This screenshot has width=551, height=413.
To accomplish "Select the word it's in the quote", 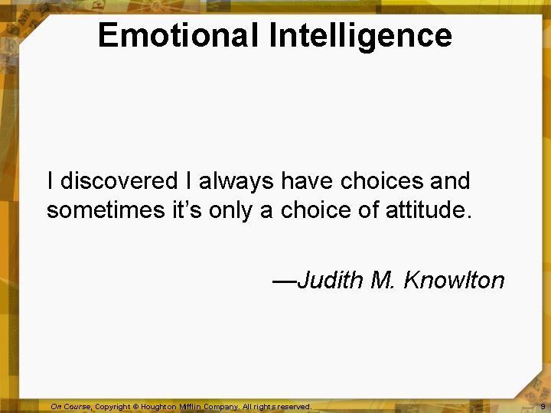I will point(187,210).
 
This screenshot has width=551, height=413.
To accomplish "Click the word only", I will point(233,210).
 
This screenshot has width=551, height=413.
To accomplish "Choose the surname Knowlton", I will point(454,280).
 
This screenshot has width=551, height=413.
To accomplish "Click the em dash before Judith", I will point(284,280).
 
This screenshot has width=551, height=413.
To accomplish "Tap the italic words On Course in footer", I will point(70,407).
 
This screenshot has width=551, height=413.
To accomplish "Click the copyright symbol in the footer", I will point(135,407).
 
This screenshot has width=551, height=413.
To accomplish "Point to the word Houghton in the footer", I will point(158,407).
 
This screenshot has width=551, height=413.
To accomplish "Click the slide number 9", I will point(542,407).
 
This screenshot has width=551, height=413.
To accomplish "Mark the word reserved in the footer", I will point(294,407).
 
